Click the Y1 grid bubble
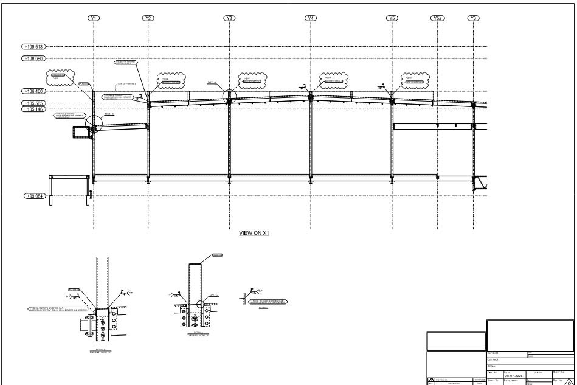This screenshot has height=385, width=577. (x=94, y=18)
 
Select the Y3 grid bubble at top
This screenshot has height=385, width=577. (x=229, y=18)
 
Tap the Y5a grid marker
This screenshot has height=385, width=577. (x=437, y=18)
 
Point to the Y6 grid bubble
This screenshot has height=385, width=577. (x=473, y=18)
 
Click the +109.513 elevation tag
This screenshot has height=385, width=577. (x=34, y=46)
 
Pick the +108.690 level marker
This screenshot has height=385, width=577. (x=34, y=58)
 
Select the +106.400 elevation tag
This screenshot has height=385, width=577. (x=34, y=91)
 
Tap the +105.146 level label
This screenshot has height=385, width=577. (x=34, y=109)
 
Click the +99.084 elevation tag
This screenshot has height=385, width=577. (x=34, y=196)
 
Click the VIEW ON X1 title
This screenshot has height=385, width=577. (x=254, y=233)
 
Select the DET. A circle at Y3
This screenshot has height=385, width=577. (x=229, y=95)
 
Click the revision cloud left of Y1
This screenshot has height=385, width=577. (x=58, y=77)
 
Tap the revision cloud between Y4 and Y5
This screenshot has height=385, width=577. (x=333, y=80)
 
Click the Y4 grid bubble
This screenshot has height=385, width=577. (x=311, y=18)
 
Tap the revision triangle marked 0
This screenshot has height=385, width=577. (x=570, y=382)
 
